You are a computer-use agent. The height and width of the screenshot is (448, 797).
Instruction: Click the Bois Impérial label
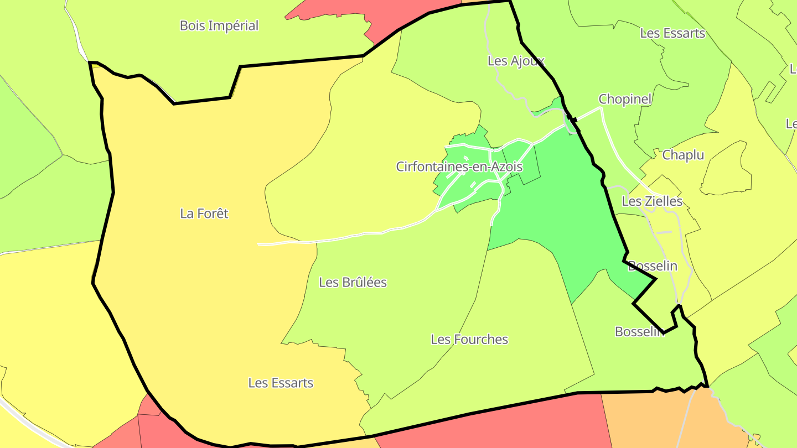219,25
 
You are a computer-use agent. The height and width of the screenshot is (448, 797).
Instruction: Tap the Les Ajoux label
516,61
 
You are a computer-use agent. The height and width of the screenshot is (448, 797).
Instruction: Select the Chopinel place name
625,100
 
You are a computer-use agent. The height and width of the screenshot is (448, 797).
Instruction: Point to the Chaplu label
683,155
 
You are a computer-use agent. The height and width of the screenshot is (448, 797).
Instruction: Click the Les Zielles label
652,201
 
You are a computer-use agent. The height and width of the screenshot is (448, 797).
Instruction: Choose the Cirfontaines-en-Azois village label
459,166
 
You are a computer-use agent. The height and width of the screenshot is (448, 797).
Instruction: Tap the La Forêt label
204,213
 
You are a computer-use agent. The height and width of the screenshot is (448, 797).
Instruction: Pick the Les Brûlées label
353,282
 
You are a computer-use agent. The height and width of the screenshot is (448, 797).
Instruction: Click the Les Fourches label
469,339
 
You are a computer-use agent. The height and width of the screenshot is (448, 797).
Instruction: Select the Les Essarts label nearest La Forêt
281,383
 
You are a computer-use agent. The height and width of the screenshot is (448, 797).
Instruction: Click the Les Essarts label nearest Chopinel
672,33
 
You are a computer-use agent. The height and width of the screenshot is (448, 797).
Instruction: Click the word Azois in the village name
504,166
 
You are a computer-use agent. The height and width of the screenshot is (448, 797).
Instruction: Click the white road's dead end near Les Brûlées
259,243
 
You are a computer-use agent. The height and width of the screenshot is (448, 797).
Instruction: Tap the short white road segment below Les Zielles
664,232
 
